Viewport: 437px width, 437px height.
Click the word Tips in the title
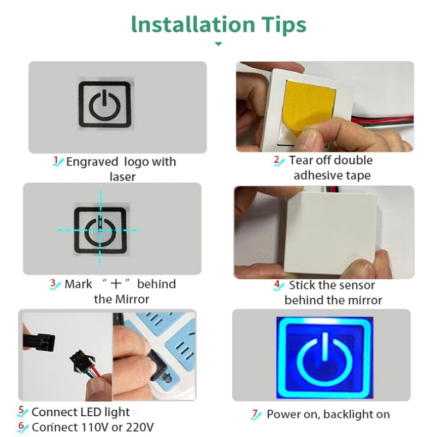[282, 25]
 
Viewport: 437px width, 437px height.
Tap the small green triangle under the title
[218, 44]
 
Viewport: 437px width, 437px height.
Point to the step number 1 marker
[56, 161]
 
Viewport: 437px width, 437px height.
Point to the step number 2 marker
[278, 161]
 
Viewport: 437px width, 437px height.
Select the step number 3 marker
[54, 284]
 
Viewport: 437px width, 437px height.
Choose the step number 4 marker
[278, 285]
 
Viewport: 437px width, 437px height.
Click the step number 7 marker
[256, 415]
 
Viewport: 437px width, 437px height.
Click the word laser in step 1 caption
[122, 176]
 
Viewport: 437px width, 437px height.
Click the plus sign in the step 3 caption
[115, 284]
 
